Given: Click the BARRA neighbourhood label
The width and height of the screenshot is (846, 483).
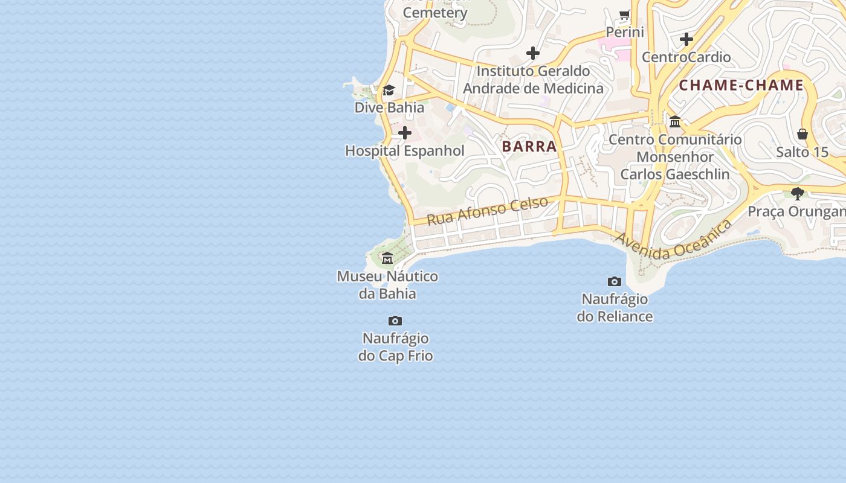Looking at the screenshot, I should (x=529, y=146).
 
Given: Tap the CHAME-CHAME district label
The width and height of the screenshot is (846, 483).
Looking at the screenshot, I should (x=741, y=85).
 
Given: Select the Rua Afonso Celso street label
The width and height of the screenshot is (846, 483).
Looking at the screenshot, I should (x=487, y=211).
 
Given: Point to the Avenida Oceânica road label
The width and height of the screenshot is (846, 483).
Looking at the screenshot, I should (x=673, y=240).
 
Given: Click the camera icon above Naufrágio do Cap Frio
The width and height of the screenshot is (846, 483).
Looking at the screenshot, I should (x=395, y=321).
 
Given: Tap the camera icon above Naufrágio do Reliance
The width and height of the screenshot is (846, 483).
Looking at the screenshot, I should (x=615, y=281).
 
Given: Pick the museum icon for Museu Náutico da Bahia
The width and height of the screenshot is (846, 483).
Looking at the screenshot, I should (x=387, y=258).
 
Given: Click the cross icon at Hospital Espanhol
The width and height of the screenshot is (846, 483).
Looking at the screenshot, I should (x=405, y=133).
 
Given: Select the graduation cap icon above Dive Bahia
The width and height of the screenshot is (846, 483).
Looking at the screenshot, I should (x=389, y=91).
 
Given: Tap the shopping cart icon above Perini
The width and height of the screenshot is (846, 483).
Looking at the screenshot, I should (x=625, y=14).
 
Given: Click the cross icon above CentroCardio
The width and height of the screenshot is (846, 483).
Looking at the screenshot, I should (x=686, y=39).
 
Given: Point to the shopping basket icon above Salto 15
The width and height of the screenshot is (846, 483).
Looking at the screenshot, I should (x=802, y=134).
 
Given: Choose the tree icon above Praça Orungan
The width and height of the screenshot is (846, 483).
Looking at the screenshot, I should (x=798, y=194).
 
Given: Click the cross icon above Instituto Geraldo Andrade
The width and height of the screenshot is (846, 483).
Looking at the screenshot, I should (x=532, y=53).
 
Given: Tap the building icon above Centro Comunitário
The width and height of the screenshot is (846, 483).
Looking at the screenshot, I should (x=675, y=122).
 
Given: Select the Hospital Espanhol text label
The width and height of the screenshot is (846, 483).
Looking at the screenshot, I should (x=405, y=151).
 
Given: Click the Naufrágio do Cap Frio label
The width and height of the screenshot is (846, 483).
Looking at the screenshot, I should (x=396, y=347).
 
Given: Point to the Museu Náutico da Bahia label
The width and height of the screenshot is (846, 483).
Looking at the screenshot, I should (x=387, y=285).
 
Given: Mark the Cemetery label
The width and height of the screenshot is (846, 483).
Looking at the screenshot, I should (x=435, y=13).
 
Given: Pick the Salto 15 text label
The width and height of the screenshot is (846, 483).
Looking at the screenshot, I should (x=802, y=152).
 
